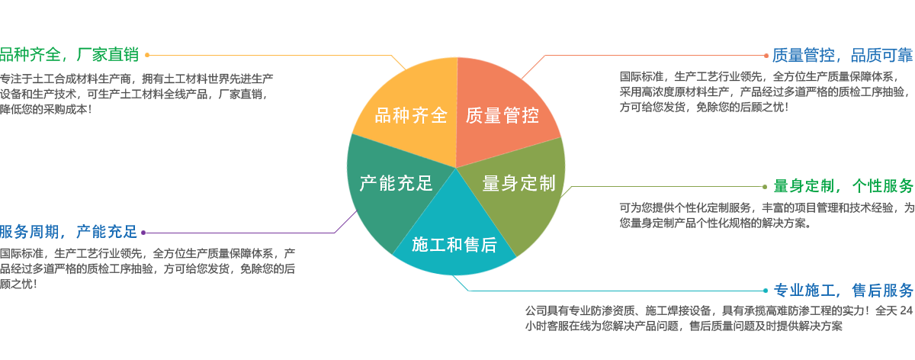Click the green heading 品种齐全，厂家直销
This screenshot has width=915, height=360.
tap(69, 55)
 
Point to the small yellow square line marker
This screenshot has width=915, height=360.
tap(147, 55)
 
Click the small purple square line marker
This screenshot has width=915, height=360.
tap(143, 233)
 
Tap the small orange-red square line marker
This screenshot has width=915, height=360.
tap(766, 56)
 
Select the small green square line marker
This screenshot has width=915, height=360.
tap(766, 186)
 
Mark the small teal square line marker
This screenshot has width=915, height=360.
tap(766, 291)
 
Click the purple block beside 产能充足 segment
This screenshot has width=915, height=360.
tap(348, 220)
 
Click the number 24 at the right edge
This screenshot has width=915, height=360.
tap(907, 310)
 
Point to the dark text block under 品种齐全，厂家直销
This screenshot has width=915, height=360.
tap(134, 94)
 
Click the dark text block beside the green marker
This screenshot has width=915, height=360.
tap(766, 215)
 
